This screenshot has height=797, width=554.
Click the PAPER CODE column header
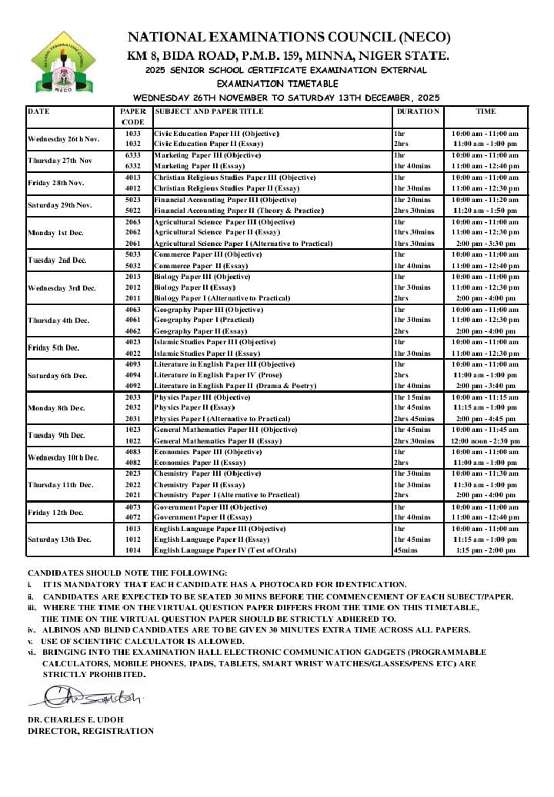(132, 116)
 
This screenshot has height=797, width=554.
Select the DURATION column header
(418, 111)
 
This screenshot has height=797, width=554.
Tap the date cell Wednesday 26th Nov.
(64, 139)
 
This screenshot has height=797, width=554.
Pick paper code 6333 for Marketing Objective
(132, 155)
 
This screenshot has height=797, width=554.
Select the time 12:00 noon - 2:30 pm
(486, 441)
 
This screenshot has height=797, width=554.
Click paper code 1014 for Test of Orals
(132, 550)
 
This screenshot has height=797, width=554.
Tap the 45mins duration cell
(405, 550)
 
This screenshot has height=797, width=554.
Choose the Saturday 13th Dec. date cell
(60, 540)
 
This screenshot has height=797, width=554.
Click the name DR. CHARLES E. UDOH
(75, 719)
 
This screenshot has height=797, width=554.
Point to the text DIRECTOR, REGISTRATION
(90, 731)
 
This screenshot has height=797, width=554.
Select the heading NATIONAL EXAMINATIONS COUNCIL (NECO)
(288, 37)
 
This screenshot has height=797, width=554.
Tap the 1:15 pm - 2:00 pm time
(486, 550)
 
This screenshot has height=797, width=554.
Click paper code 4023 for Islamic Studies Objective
(132, 342)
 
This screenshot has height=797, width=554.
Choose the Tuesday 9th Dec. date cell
(56, 436)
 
